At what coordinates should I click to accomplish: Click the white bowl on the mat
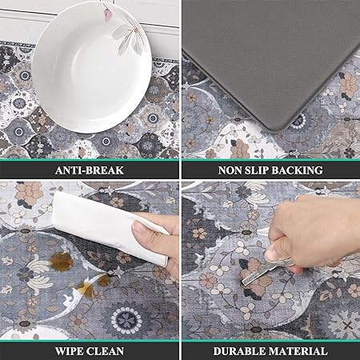[91, 68]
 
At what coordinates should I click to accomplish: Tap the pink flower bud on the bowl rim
[107, 13]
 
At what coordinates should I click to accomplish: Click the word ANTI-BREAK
[90, 170]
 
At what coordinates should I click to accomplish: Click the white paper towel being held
[110, 226]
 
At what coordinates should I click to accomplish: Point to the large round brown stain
[62, 262]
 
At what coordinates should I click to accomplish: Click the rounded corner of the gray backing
[278, 126]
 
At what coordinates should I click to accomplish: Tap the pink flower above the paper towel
[29, 193]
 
